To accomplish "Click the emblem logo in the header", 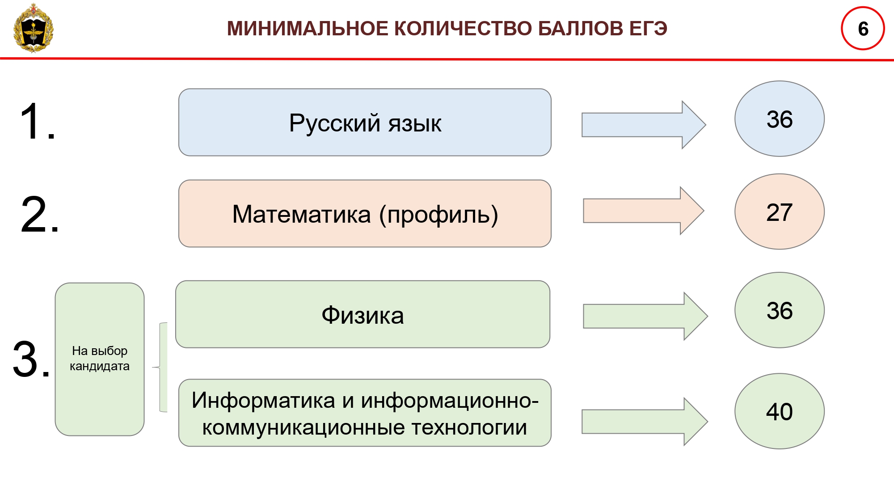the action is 34,28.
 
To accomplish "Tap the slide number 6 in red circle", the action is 863,28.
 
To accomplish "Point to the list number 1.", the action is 38,122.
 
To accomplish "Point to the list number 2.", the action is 39,215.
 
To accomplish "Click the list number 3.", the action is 31,359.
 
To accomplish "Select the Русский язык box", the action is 365,122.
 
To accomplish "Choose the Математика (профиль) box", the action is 365,213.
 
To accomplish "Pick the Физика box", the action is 363,314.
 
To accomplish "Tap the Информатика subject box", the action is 365,413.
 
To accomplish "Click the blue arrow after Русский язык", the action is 644,125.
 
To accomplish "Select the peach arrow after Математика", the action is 644,211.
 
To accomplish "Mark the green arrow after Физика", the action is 645,316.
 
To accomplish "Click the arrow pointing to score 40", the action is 645,422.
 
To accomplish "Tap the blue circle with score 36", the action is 780,119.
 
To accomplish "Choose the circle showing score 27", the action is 780,211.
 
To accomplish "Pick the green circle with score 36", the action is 780,310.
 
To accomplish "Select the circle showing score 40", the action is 780,411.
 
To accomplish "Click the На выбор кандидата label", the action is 100,359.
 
